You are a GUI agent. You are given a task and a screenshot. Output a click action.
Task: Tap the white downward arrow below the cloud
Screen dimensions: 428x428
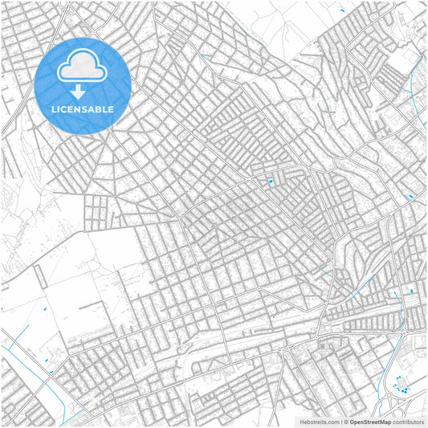[x=78, y=92]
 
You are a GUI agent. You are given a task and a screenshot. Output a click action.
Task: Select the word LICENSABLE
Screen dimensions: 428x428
[x=83, y=108]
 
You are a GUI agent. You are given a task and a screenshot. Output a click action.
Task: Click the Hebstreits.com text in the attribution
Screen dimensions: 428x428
[x=320, y=421]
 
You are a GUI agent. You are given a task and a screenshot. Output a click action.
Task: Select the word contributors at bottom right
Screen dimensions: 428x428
[x=407, y=421]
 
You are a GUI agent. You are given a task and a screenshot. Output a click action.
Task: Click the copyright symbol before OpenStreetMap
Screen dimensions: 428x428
[x=346, y=421]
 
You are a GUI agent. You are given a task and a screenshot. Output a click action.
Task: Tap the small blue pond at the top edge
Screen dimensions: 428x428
[x=343, y=10]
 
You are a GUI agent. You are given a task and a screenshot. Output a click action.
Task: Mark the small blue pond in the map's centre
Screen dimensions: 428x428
[x=271, y=181]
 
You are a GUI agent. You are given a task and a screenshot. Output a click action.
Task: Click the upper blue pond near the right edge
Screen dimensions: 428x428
[x=410, y=196]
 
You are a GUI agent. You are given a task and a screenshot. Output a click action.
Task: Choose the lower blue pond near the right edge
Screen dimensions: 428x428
[x=412, y=290]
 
